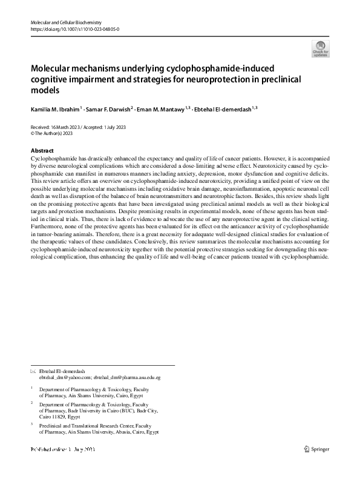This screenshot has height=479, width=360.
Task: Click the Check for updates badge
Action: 320,48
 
